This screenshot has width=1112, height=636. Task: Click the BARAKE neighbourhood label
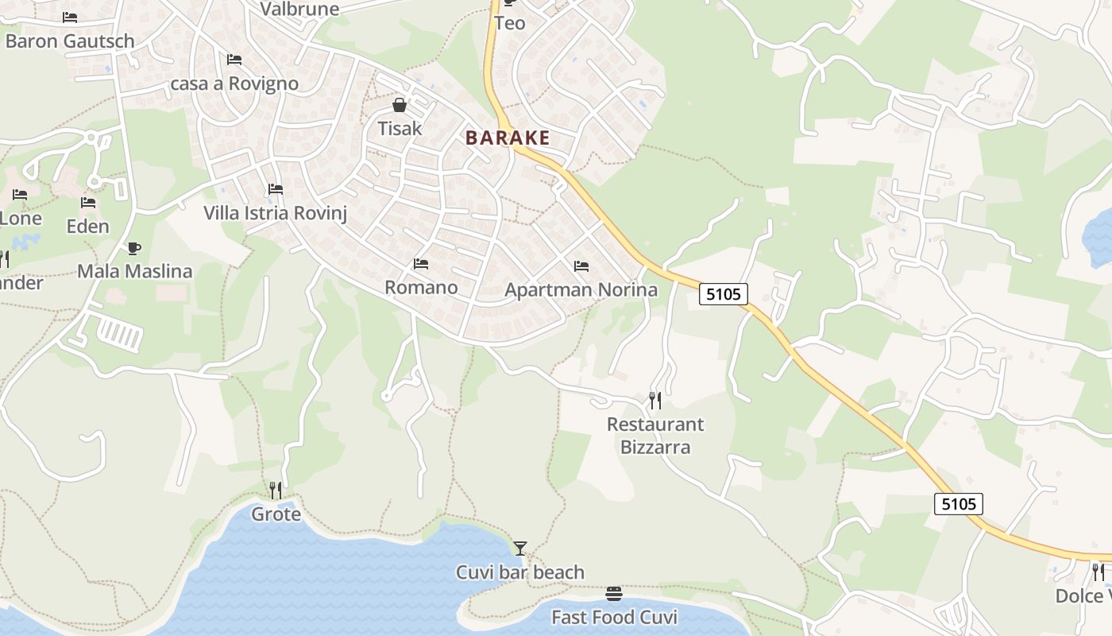point(508,138)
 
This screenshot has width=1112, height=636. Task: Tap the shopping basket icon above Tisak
point(400,105)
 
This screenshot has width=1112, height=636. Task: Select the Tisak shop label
point(400,128)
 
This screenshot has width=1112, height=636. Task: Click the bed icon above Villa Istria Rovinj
point(276,189)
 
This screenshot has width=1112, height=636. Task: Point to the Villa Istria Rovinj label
point(275,213)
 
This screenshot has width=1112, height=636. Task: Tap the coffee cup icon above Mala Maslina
point(133,248)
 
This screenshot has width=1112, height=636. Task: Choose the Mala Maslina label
point(134,271)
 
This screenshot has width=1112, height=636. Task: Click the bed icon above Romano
point(421,264)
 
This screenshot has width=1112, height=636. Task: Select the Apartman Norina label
point(581,289)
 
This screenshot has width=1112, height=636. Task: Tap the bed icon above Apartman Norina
point(581,266)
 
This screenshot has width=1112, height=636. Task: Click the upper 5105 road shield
point(724,294)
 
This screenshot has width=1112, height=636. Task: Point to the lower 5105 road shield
point(959,503)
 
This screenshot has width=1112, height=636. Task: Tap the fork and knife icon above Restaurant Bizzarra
point(655,400)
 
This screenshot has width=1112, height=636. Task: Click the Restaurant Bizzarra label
point(655,436)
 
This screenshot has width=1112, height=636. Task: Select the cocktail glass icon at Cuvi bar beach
point(520,548)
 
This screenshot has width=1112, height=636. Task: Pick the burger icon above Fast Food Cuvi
point(614,594)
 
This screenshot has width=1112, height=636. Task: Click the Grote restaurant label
point(276,514)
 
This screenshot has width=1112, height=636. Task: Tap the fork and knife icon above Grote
point(276,490)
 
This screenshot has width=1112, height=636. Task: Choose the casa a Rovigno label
point(234,83)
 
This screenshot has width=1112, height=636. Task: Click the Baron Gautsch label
point(70,41)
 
